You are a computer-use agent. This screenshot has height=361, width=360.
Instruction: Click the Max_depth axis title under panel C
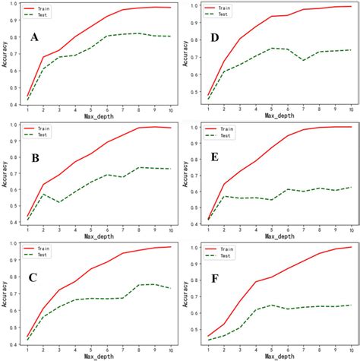pos(97,356)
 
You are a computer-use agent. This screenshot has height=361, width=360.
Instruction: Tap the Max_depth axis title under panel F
pos(277,356)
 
